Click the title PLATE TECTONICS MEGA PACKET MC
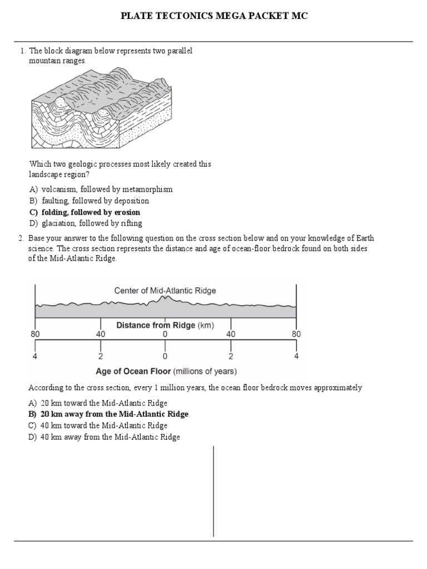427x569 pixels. (214, 16)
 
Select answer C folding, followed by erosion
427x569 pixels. (85, 212)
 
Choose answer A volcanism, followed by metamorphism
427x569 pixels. (101, 189)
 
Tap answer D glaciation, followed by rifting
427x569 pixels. (86, 223)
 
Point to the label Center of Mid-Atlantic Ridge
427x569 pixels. (165, 290)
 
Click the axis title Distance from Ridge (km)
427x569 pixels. (165, 325)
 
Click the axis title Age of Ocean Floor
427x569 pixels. (165, 371)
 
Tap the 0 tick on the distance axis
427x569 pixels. (165, 335)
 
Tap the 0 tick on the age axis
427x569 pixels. (165, 356)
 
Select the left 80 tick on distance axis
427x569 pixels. (35, 335)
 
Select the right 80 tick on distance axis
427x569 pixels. (296, 335)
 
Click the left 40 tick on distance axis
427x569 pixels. (100, 335)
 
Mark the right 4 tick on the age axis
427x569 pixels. (296, 356)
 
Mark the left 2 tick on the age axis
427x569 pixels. (100, 356)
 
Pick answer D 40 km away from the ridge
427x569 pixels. (104, 437)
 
